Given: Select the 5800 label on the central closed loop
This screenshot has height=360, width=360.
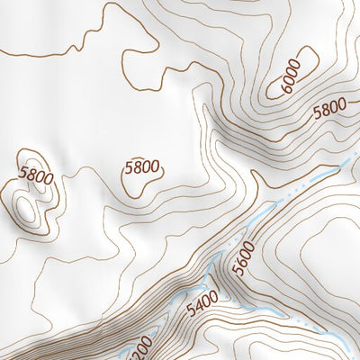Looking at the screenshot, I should pos(142,166).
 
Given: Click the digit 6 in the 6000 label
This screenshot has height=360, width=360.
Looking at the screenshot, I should pos(281,91).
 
